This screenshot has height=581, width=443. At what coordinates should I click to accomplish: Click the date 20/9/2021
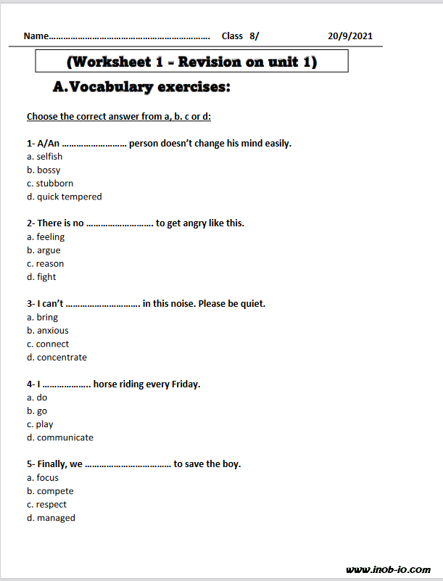pos(351,36)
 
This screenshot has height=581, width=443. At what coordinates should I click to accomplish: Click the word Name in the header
pos(36,36)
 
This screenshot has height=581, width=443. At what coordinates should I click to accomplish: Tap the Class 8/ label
pos(240,36)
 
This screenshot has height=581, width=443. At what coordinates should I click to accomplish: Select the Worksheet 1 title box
pos(191,62)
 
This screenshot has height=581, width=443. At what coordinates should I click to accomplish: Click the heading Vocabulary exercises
pos(142,88)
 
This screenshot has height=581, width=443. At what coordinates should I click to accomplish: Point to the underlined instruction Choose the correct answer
pos(119,117)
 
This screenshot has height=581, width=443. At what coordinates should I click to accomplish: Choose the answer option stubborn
pos(54,184)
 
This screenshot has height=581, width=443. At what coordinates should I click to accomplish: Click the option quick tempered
pos(69,197)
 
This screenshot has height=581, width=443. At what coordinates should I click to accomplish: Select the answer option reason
pos(49,264)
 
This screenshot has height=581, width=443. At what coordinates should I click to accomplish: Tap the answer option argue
pos(49,250)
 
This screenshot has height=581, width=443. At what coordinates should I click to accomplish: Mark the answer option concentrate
pos(62,358)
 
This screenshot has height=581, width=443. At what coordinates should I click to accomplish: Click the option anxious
pos(53,331)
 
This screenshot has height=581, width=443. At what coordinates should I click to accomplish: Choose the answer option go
pos(42,411)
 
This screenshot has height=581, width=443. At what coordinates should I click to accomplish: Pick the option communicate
pos(65,438)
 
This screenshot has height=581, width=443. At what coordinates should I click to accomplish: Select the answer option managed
pos(56,518)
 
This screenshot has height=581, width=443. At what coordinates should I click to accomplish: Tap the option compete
pos(55,491)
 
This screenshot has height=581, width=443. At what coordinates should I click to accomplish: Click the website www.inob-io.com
pos(389,570)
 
